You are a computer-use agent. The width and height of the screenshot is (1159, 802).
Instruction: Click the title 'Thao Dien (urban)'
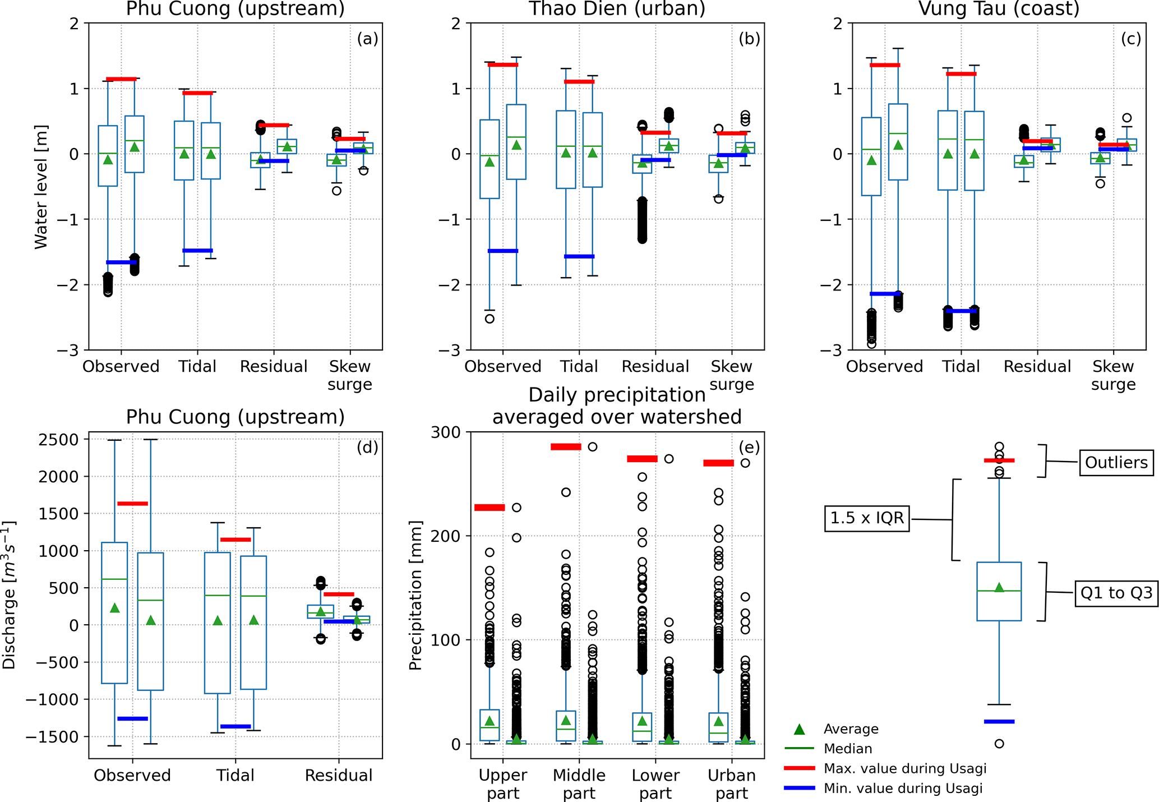(x=617, y=9)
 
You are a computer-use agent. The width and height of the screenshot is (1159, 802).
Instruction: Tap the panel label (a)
(x=367, y=39)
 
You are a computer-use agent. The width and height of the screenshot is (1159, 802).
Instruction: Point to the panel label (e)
(x=749, y=448)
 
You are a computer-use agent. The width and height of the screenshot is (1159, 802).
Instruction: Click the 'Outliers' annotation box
(x=1116, y=463)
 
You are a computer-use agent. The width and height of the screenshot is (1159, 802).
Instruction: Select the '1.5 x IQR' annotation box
(x=867, y=518)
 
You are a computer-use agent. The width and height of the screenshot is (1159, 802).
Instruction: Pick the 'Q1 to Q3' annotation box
(x=1116, y=593)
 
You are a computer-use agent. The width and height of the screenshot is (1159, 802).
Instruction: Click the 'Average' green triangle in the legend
(x=800, y=729)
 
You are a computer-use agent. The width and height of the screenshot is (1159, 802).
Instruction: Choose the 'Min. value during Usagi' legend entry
(x=903, y=789)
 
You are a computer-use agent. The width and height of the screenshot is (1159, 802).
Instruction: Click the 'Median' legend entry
(x=848, y=749)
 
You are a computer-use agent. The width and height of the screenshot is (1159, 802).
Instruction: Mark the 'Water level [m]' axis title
(x=40, y=187)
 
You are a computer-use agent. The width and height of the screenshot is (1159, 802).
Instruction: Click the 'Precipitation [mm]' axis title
(x=415, y=596)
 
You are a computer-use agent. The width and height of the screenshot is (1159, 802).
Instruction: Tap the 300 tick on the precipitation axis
(x=446, y=432)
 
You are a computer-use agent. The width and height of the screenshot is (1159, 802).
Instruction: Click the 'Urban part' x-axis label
(x=731, y=784)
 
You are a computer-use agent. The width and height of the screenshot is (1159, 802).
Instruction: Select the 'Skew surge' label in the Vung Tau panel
(x=1113, y=375)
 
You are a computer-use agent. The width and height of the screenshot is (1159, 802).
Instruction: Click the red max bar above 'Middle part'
(x=566, y=447)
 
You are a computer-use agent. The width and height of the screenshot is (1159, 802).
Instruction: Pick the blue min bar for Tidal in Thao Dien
(x=579, y=256)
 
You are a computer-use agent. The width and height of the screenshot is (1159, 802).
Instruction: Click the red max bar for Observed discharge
(x=132, y=504)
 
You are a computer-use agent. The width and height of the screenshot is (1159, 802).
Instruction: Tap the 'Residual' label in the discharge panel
(x=339, y=776)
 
